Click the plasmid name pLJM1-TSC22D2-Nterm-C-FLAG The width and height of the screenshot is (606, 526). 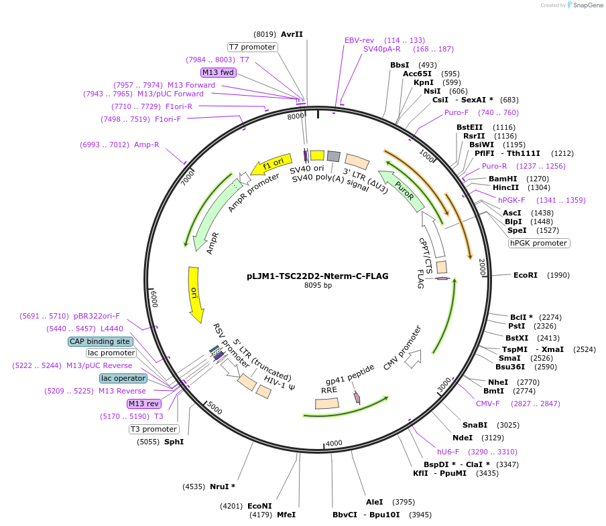318,276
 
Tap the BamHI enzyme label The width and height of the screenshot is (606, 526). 503,179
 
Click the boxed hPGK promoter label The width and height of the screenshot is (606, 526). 539,243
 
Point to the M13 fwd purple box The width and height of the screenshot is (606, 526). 219,72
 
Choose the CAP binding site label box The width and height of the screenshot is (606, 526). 101,341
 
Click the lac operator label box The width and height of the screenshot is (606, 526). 123,378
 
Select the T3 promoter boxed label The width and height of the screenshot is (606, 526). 154,429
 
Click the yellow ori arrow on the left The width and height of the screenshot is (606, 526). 195,292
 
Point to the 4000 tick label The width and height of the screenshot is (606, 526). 333,443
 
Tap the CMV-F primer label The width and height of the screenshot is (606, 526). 488,404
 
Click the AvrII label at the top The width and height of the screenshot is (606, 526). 292,34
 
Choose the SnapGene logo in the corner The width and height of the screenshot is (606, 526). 585,5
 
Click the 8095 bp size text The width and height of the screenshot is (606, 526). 318,286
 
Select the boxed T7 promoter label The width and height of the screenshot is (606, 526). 252,47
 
